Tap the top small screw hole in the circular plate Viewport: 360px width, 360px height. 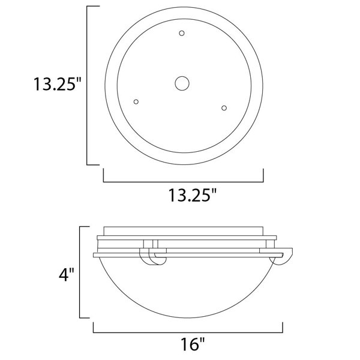pyautogui.click(x=182, y=33)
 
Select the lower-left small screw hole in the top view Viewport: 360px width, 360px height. pyautogui.click(x=136, y=102)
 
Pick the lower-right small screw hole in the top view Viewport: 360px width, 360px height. pyautogui.click(x=224, y=108)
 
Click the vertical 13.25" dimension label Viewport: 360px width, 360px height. pyautogui.click(x=58, y=84)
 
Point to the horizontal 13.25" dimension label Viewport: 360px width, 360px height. pyautogui.click(x=193, y=195)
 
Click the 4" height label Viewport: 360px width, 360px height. pyautogui.click(x=67, y=275)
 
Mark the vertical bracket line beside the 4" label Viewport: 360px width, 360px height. pyautogui.click(x=80, y=272)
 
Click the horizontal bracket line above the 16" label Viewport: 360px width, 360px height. pyautogui.click(x=188, y=332)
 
